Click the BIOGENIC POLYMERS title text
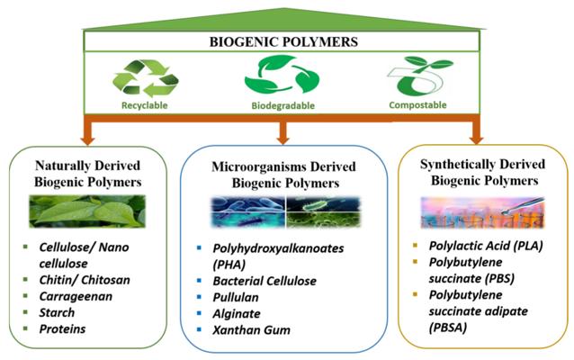(283, 41)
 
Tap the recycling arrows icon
(146, 78)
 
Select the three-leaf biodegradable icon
(282, 75)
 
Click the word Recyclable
(145, 105)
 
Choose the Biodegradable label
(283, 105)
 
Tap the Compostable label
(417, 105)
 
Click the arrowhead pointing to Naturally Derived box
(88, 140)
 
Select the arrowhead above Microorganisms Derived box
(283, 140)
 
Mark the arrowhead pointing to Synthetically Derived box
(476, 139)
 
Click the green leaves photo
(87, 211)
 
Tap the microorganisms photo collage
(286, 212)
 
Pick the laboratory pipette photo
(483, 212)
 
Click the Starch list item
(57, 312)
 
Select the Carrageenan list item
(76, 296)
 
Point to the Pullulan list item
(236, 297)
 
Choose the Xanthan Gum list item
(252, 330)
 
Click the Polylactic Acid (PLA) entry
(486, 246)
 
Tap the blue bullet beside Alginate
(199, 313)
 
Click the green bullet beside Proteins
(25, 328)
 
